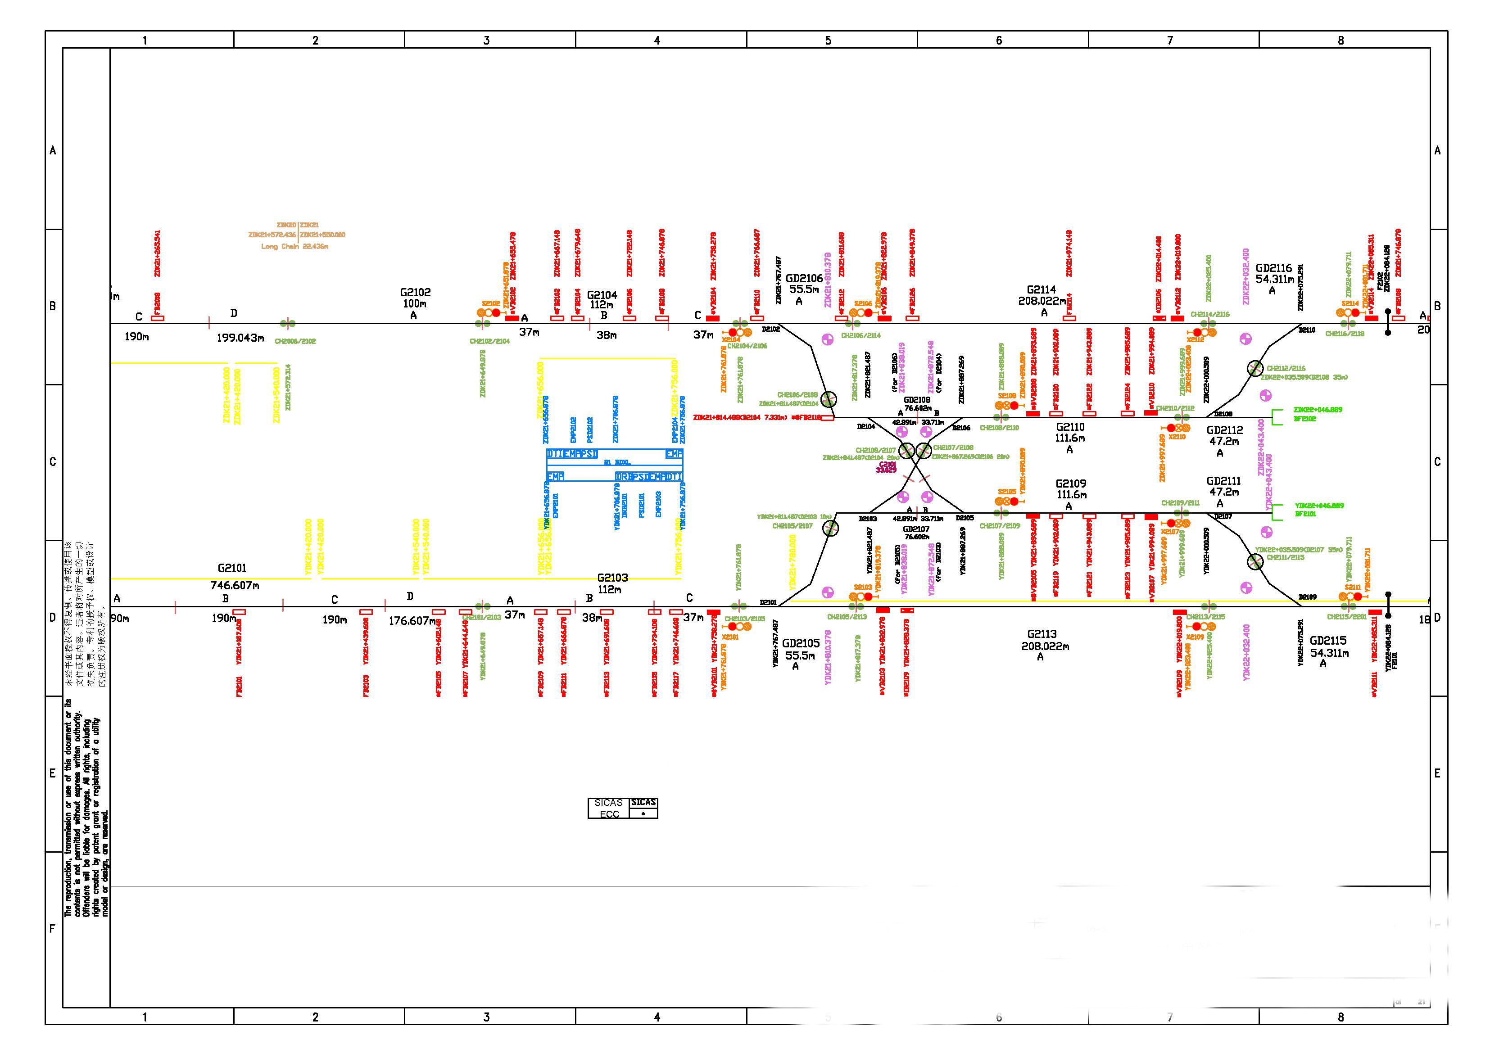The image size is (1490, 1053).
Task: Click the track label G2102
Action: click(x=415, y=293)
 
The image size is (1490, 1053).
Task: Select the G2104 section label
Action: click(x=602, y=295)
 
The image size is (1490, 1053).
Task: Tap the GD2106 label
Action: click(x=804, y=278)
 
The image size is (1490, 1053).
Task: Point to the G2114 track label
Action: click(x=1041, y=290)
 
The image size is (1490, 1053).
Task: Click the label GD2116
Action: click(x=1273, y=268)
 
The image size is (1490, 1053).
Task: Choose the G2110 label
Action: click(x=1069, y=427)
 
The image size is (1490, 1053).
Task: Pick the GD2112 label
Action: click(x=1224, y=430)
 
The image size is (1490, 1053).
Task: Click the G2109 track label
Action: click(x=1071, y=484)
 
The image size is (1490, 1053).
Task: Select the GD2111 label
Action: click(x=1223, y=481)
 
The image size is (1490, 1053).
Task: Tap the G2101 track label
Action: click(x=232, y=568)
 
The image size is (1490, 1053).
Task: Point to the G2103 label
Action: click(x=612, y=578)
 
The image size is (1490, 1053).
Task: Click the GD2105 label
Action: click(x=800, y=643)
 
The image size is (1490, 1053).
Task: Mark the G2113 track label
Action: click(x=1042, y=634)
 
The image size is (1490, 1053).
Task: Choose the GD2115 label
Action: click(x=1328, y=640)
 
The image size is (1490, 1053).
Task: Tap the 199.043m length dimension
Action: click(x=240, y=338)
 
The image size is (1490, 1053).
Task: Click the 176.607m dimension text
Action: click(x=412, y=621)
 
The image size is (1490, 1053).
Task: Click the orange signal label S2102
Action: click(x=491, y=303)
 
